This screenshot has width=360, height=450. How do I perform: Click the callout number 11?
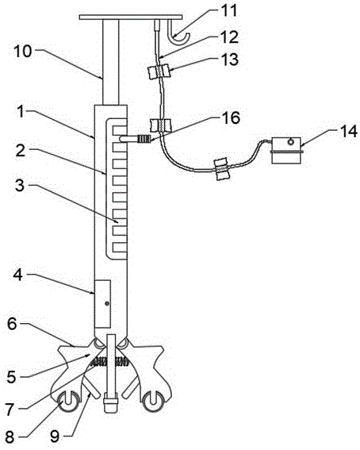click(228, 10)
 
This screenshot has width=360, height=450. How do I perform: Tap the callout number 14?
click(347, 132)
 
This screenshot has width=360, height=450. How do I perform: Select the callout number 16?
click(230, 118)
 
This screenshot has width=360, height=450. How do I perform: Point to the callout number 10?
click(23, 52)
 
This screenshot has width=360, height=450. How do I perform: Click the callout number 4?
click(17, 276)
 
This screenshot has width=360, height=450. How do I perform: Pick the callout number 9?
click(55, 437)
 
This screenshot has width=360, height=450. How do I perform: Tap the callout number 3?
click(20, 186)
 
